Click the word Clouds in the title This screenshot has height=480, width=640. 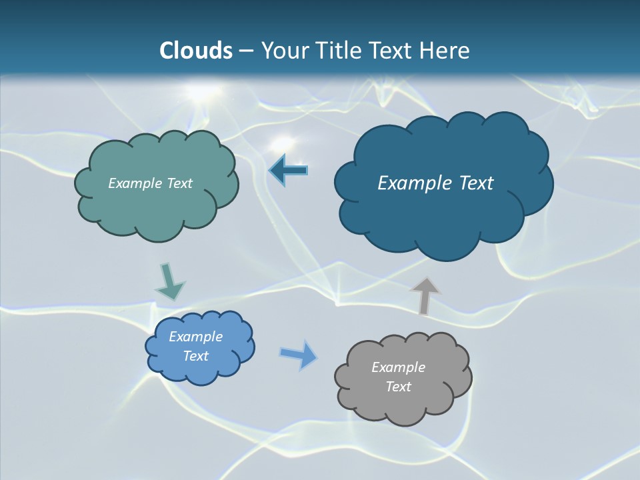coord(196,51)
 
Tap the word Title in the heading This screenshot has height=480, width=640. coord(340,51)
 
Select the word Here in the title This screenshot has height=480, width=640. coord(444,51)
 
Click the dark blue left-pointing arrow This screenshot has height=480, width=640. coord(288,171)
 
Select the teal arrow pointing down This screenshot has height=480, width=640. coord(169,281)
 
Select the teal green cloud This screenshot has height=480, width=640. coord(156,207)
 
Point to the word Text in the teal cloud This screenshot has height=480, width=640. coord(179,183)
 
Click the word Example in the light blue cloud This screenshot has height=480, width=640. coord(195,337)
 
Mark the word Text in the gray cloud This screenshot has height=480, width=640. coord(398,387)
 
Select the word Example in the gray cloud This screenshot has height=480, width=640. coord(398,367)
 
